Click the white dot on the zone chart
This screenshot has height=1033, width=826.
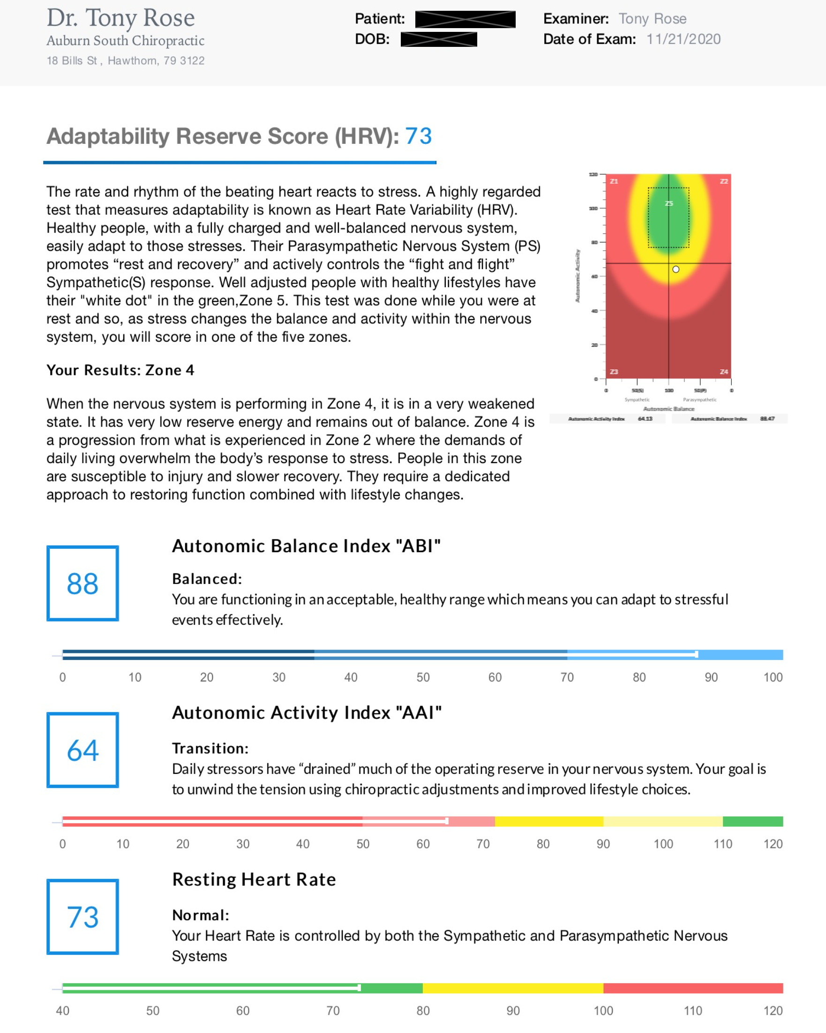676,269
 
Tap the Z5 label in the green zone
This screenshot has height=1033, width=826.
669,203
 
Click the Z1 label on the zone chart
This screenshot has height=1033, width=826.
614,181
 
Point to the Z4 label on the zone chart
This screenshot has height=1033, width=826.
723,372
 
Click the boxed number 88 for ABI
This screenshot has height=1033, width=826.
83,583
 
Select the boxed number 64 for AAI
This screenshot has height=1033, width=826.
83,750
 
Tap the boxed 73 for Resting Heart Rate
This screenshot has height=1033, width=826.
83,917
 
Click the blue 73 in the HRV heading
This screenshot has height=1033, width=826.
418,136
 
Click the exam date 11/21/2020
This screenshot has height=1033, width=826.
683,39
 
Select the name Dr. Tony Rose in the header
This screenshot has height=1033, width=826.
121,18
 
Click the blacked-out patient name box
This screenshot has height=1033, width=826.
465,19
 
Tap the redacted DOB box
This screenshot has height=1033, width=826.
438,39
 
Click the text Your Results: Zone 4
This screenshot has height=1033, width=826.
120,370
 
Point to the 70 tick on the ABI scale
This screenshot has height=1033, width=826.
567,677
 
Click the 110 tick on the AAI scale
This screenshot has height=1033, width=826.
722,844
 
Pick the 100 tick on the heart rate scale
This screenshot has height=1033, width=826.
603,1011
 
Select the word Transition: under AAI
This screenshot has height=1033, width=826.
210,748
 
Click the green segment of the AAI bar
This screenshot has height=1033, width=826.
753,822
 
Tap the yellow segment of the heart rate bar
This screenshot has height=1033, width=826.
513,988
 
